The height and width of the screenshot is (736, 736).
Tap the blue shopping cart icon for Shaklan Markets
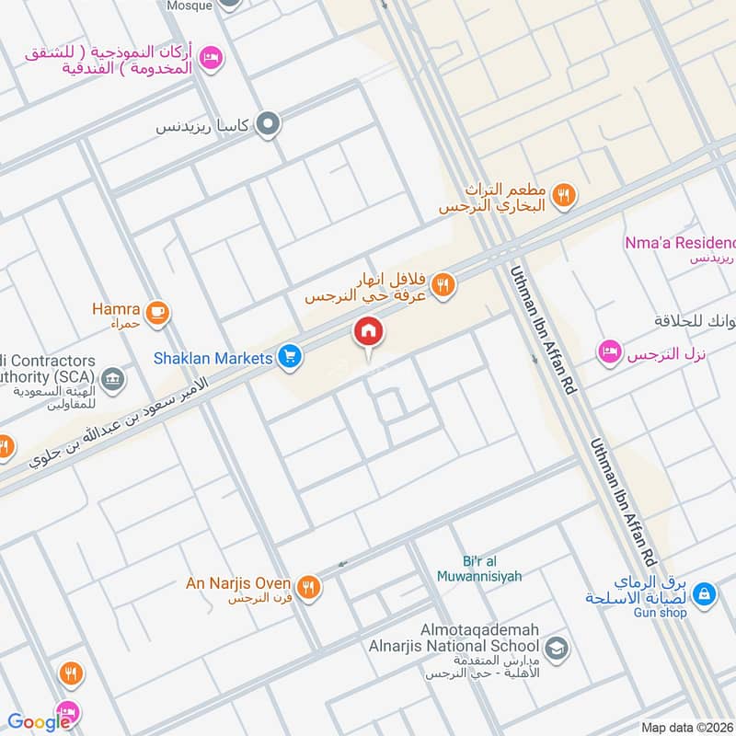(x=291, y=357)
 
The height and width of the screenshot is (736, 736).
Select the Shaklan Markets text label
(x=225, y=357)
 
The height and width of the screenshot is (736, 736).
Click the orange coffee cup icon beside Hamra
(x=158, y=313)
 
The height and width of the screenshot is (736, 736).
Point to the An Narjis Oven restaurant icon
(x=310, y=586)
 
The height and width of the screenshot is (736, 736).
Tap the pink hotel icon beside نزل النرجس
(x=608, y=352)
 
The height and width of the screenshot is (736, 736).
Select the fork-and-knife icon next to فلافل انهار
(x=443, y=285)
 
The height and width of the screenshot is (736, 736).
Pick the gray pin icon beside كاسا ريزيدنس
(x=268, y=123)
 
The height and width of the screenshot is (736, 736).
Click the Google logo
(x=39, y=722)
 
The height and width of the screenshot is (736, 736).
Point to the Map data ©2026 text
(x=687, y=727)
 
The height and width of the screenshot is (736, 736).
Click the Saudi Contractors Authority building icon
(x=112, y=378)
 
